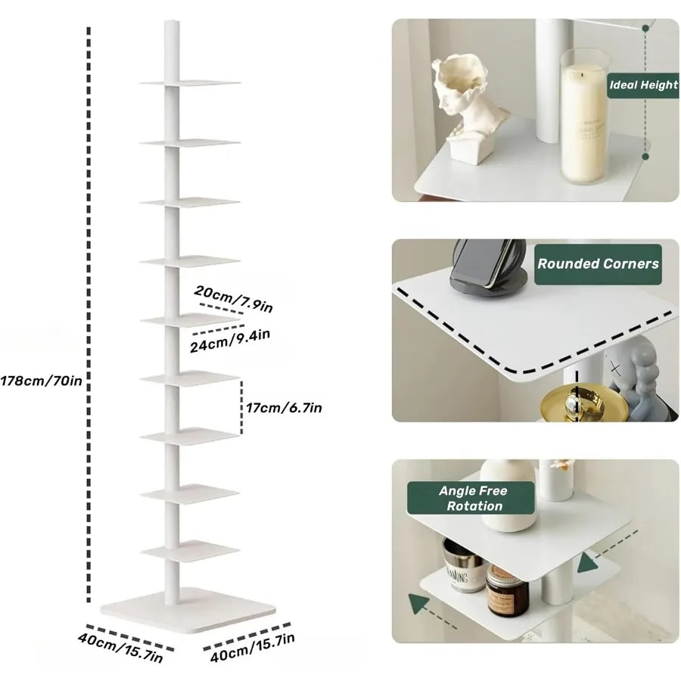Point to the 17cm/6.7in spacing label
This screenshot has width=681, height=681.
point(285,408)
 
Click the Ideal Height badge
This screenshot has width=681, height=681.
point(643,85)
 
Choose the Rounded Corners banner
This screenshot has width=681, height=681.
point(598,264)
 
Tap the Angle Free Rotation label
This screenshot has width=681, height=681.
point(474,498)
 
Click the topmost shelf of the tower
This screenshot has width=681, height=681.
point(189,82)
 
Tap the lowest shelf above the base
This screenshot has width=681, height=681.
point(190,550)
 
